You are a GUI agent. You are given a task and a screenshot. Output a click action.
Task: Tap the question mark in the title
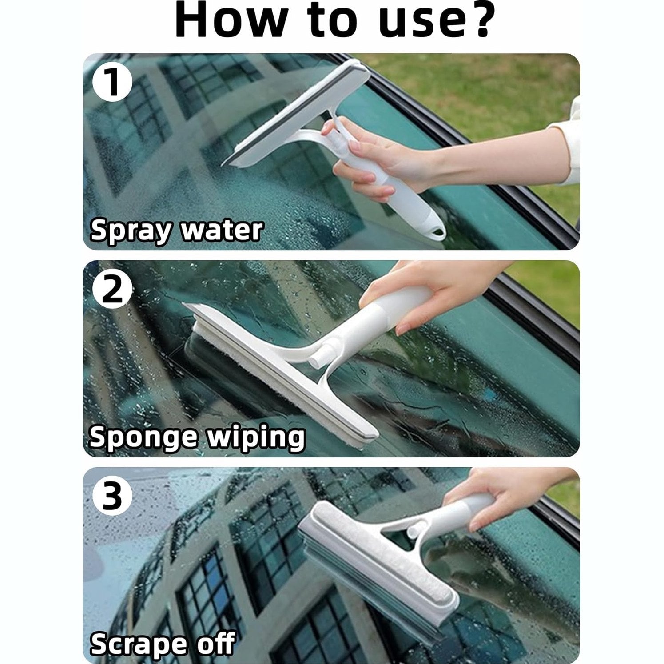coord(475,21)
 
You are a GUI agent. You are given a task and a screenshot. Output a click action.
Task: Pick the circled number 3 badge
coord(112,497)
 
